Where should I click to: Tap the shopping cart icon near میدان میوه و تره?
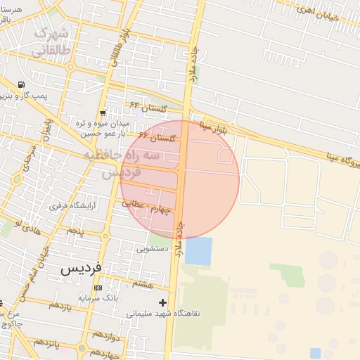tap(103, 112)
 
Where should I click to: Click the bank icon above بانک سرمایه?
tap(97, 288)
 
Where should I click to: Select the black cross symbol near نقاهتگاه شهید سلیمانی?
tap(163, 302)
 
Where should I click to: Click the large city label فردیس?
tap(81, 268)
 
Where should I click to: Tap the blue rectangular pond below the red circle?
tap(198, 251)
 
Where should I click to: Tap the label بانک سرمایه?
tap(96, 298)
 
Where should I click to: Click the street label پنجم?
tap(75, 230)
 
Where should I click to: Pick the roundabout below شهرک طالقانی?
tap(70, 67)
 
